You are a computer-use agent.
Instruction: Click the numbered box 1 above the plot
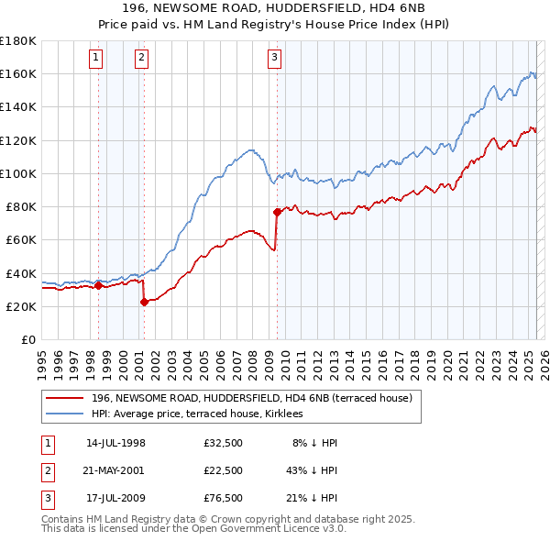click(x=96, y=58)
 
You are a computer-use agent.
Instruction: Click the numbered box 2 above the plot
click(x=141, y=58)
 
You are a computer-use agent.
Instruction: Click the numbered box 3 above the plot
click(x=275, y=58)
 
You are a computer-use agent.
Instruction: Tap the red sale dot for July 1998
click(x=98, y=285)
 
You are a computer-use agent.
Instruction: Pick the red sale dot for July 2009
click(x=276, y=212)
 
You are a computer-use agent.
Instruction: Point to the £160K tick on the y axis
click(x=17, y=73)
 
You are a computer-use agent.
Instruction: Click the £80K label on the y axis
click(x=20, y=206)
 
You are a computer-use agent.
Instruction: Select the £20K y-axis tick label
click(x=20, y=306)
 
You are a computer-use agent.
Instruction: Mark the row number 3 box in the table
click(x=46, y=498)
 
